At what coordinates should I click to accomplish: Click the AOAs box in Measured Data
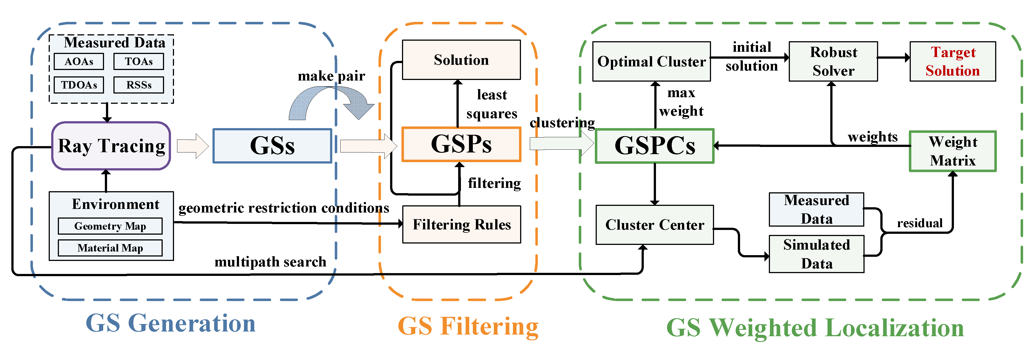coord(79,61)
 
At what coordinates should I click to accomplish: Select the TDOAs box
coord(79,85)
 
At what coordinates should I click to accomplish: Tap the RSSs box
coord(139,85)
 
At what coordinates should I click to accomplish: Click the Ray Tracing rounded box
coord(111,146)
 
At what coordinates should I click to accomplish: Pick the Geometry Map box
coord(110,226)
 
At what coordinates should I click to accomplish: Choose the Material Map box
coord(110,248)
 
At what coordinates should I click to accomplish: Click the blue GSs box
coord(273,146)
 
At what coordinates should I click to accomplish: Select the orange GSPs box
coord(461,144)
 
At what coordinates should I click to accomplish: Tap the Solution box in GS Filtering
coord(461,60)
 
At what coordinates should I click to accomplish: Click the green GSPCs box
coord(655,146)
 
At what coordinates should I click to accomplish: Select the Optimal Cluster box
coord(651,61)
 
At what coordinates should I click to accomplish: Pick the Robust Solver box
coord(833,61)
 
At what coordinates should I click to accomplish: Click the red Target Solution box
coord(953,61)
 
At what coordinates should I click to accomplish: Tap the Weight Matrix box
coord(953,151)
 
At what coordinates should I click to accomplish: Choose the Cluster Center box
coord(655,225)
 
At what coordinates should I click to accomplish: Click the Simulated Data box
coord(816,254)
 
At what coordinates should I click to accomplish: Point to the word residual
coord(919,223)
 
